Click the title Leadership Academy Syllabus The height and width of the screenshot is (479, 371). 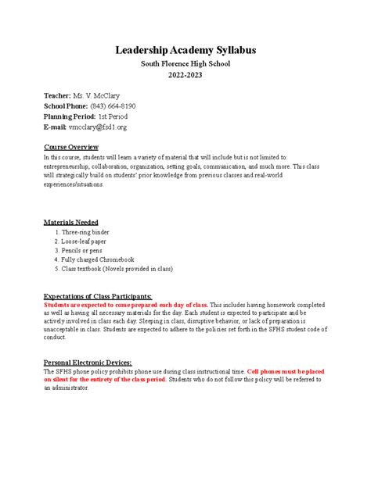coord(185,50)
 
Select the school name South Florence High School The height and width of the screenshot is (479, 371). coord(185,64)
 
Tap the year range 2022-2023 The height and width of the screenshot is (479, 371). coord(185,77)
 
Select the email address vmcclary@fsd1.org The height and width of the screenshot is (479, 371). coord(98,126)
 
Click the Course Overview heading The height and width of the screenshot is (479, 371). coord(71,146)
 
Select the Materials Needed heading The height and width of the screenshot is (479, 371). coord(71,222)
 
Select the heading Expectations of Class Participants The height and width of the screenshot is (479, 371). coord(98,296)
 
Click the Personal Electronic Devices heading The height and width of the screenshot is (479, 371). coord(88,363)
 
